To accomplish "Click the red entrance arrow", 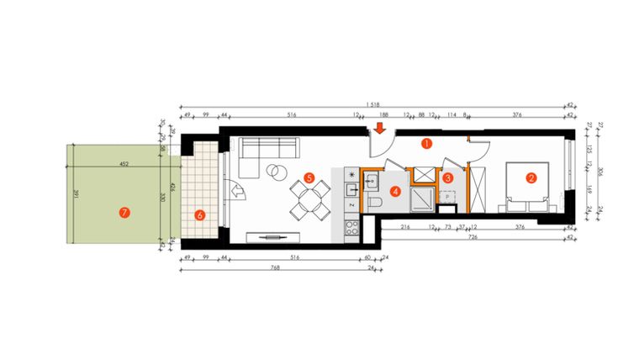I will (380, 129).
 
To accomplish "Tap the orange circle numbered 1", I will (426, 144).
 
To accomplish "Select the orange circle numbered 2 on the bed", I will (531, 177).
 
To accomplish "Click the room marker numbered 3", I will (448, 177).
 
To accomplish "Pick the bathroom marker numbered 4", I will (395, 191).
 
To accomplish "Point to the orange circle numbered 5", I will (309, 178).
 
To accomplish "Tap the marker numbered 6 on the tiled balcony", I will (200, 214).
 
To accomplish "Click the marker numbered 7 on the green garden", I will (124, 213).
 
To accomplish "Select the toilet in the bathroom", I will (376, 203).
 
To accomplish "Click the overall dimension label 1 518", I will (371, 103).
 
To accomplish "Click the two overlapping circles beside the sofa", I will (274, 171).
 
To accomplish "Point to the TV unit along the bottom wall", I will (271, 238).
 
